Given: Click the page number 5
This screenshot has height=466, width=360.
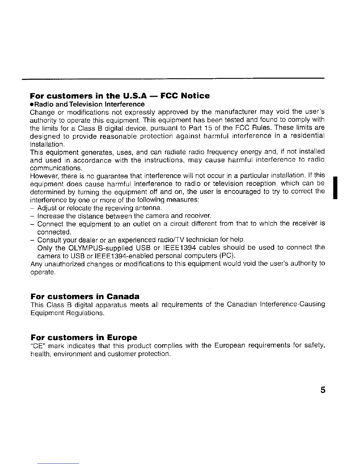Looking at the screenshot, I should (323, 390).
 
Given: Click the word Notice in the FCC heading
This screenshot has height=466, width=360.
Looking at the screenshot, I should (195, 96).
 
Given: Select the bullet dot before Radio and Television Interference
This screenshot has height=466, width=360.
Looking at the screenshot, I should (32, 104).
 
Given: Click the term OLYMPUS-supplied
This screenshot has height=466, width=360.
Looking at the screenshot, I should (103, 247).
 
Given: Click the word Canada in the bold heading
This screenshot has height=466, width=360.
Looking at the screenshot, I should (123, 296).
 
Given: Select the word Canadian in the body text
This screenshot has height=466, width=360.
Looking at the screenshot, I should (242, 304).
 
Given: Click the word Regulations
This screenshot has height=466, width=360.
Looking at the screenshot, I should (85, 313).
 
